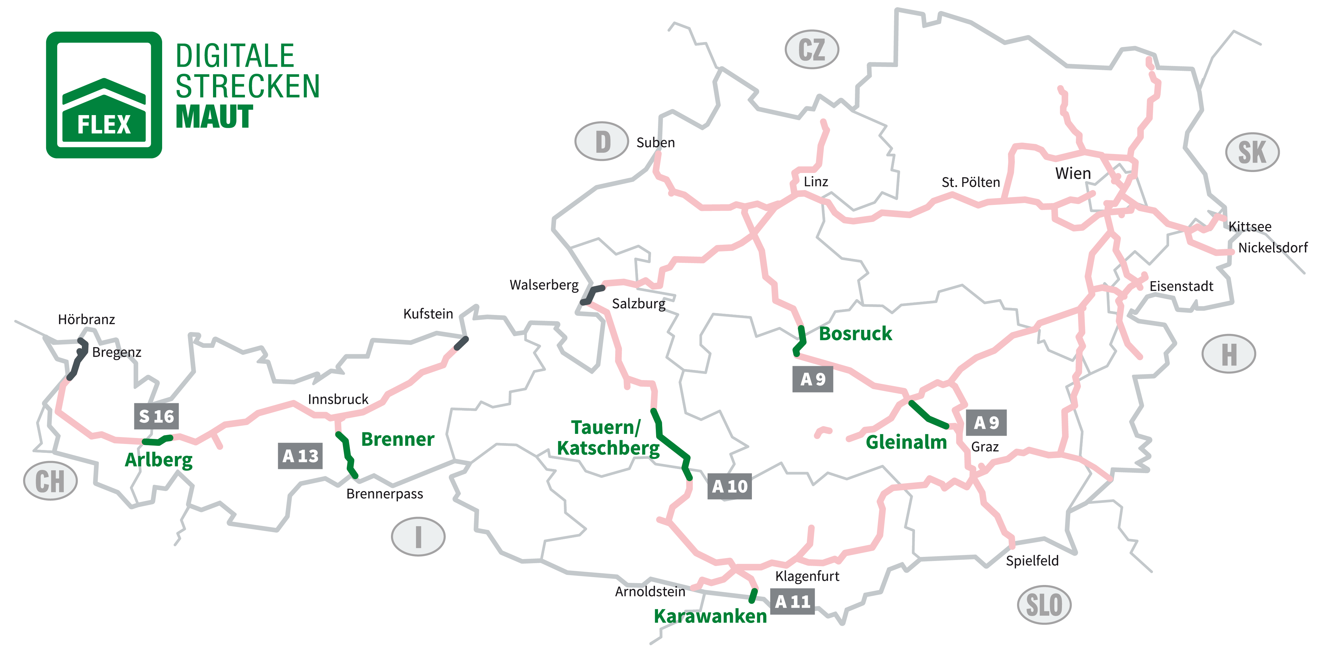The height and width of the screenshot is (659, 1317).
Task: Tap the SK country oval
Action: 1252,152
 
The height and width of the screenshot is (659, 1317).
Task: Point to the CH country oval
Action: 50,481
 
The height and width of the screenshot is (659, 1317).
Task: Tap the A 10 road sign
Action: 729,486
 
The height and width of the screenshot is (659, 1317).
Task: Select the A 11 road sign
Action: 792,601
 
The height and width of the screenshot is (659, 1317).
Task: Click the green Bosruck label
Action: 855,334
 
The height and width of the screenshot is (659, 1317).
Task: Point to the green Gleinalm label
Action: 906,442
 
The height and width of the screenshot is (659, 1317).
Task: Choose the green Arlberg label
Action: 158,460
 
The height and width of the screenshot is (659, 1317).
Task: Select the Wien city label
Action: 1073,174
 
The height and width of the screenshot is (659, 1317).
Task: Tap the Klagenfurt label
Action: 807,576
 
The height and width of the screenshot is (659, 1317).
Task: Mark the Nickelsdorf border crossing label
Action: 1272,248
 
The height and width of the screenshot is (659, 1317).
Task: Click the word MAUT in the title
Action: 214,117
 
